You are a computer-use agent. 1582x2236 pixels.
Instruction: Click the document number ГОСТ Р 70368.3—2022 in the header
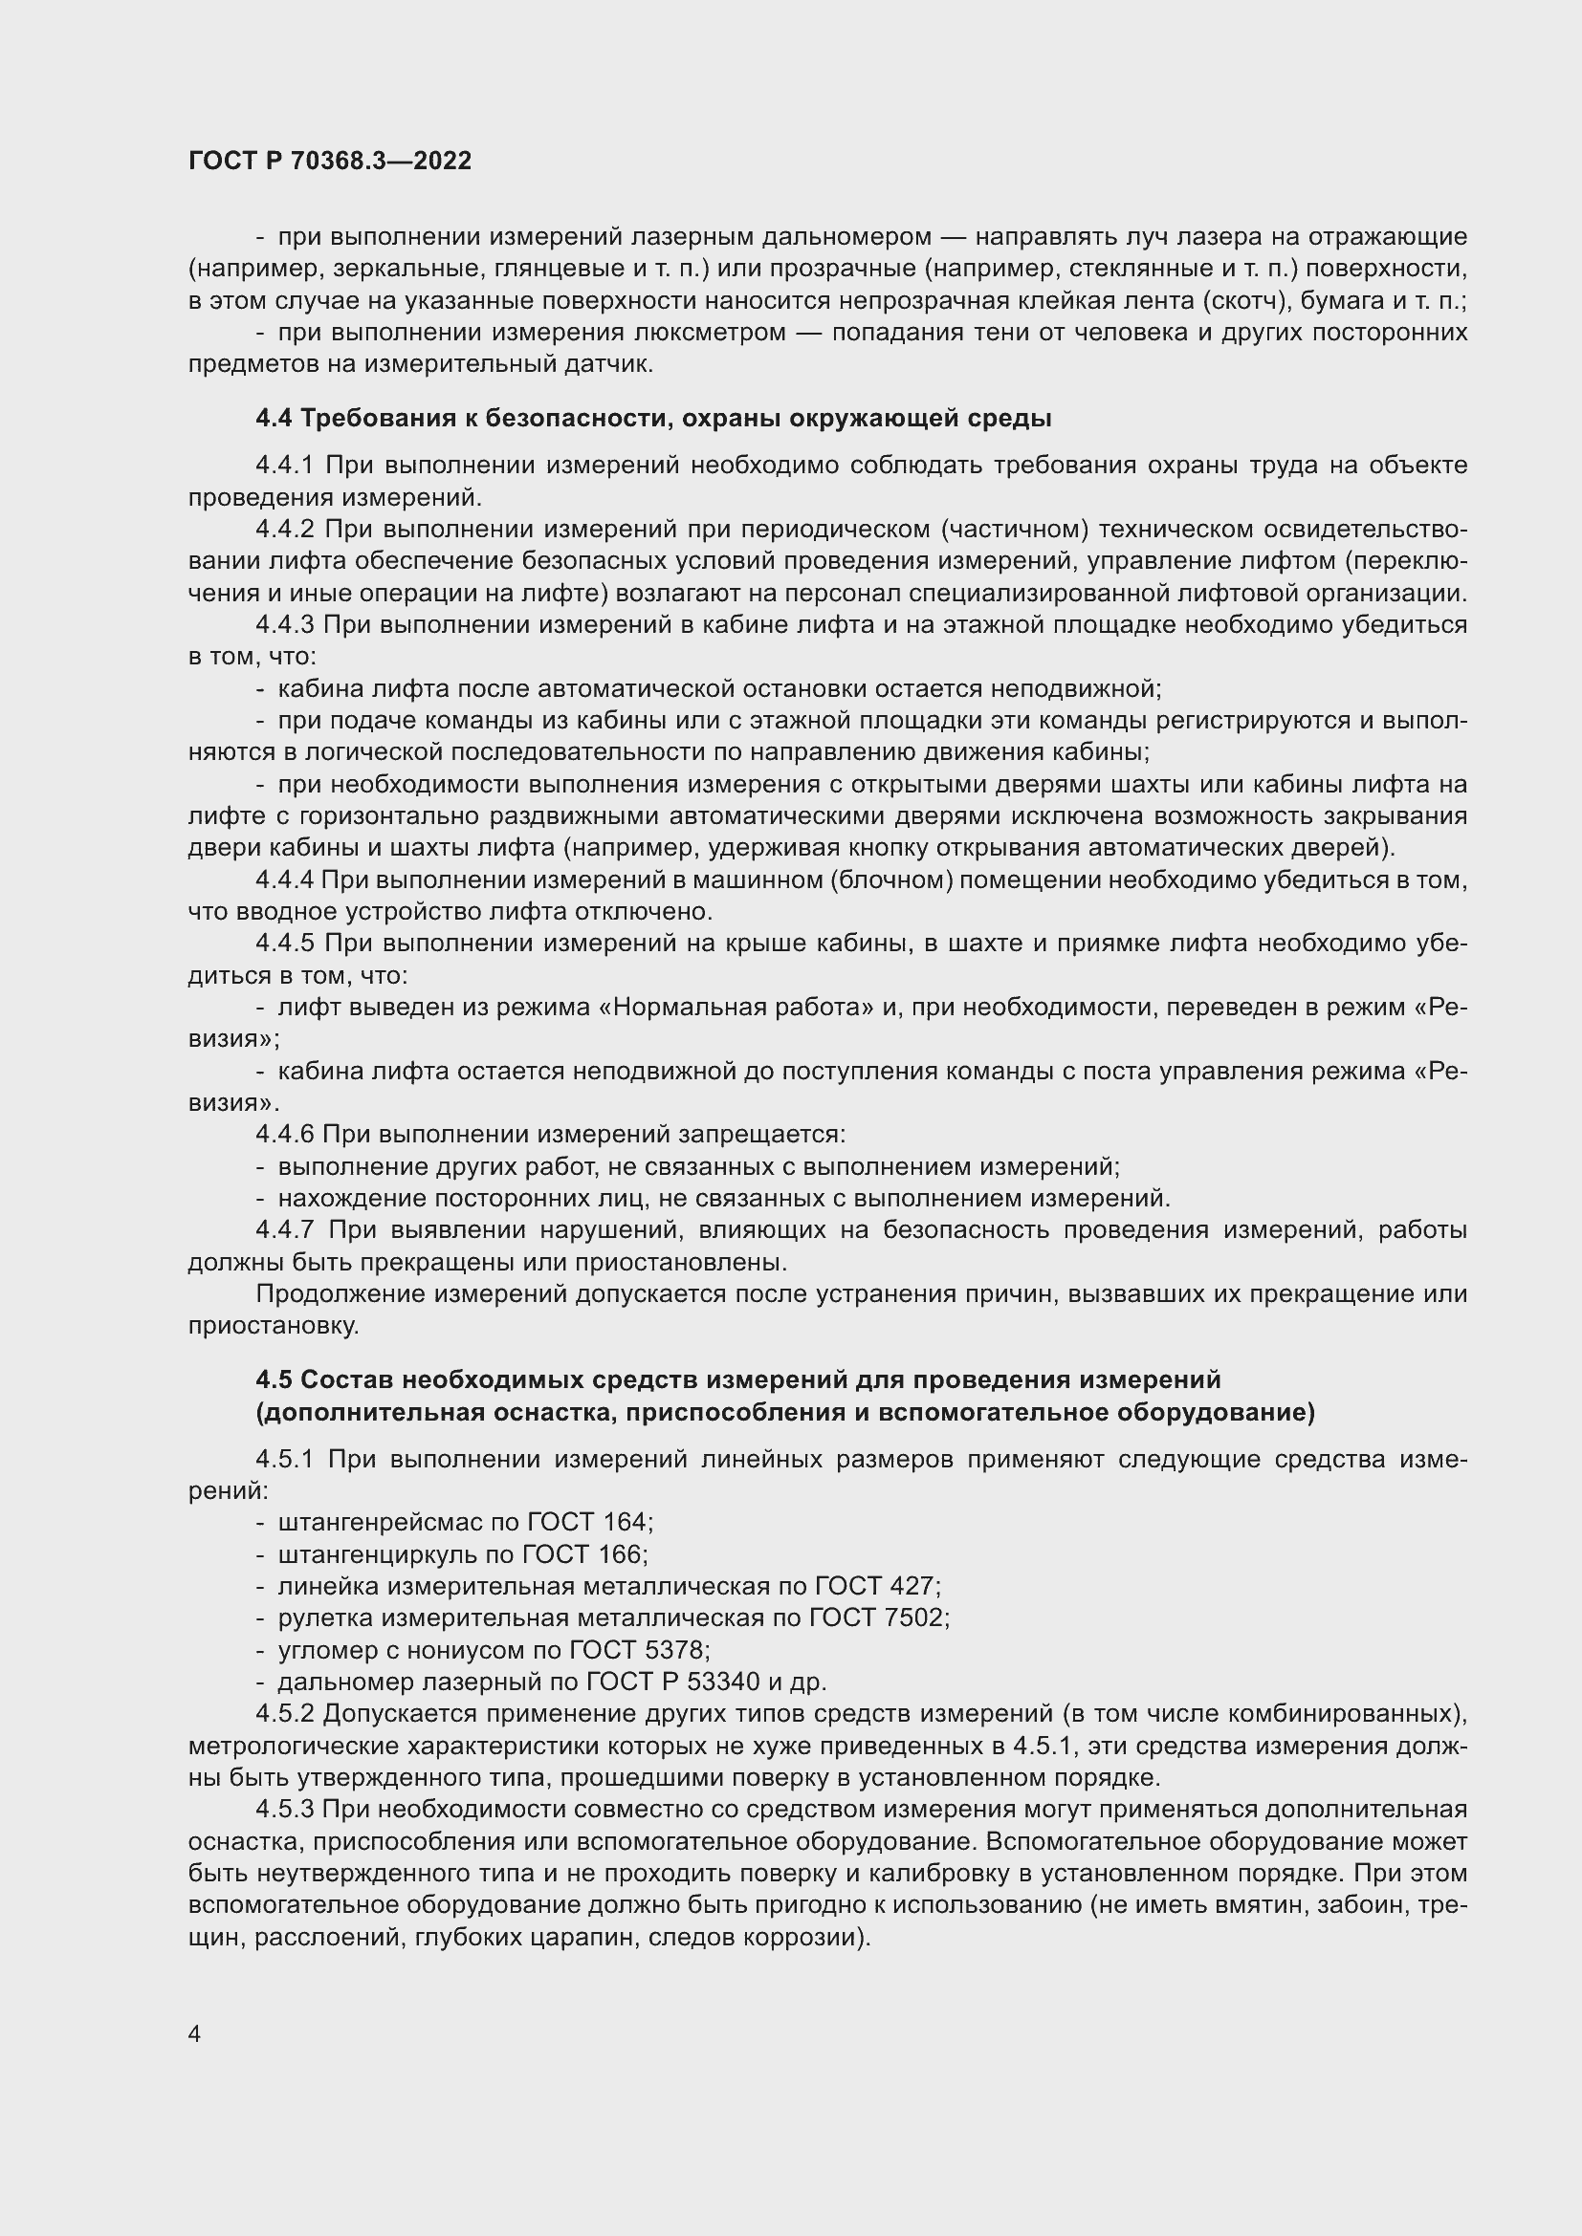pyautogui.click(x=329, y=161)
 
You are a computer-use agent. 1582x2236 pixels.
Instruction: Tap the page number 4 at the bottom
pyautogui.click(x=195, y=2033)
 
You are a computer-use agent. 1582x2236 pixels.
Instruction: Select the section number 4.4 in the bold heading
pyautogui.click(x=274, y=419)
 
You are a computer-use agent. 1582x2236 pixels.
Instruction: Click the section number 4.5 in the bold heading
pyautogui.click(x=274, y=1380)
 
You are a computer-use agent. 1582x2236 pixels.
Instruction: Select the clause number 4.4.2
pyautogui.click(x=284, y=529)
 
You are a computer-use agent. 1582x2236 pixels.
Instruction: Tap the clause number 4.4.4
pyautogui.click(x=284, y=879)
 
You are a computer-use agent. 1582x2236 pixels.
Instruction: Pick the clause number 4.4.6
pyautogui.click(x=284, y=1135)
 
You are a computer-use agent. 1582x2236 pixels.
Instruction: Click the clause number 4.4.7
pyautogui.click(x=284, y=1230)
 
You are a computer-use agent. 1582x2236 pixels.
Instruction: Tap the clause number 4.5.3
pyautogui.click(x=284, y=1810)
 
